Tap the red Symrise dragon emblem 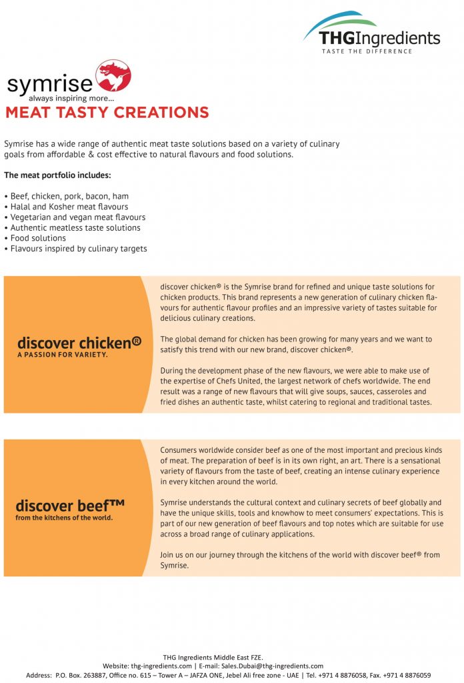[x=113, y=76]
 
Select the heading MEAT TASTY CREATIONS [x=107, y=112]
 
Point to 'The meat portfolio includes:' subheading [x=57, y=175]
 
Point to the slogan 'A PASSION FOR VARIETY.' [x=63, y=355]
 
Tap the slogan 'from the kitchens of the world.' [x=64, y=518]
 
